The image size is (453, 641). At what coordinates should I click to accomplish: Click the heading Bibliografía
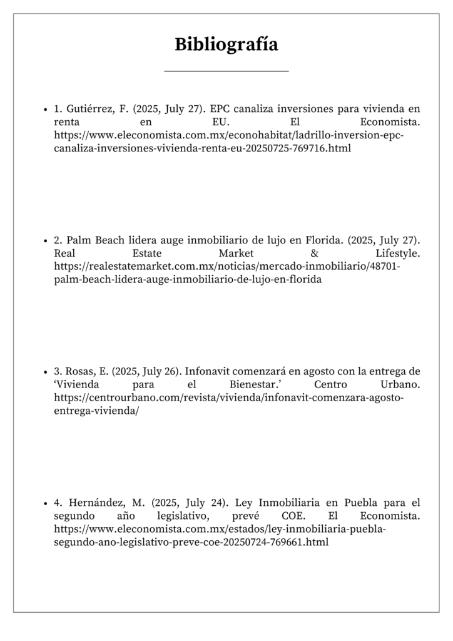227,44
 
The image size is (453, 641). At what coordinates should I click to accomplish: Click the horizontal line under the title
227,71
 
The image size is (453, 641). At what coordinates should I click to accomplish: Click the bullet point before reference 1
46,109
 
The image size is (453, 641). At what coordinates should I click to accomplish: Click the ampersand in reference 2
314,254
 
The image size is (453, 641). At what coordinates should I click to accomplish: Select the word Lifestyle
398,254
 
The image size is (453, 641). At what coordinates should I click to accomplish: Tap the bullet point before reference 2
46,240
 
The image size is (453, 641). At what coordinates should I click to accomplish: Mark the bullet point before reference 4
46,503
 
